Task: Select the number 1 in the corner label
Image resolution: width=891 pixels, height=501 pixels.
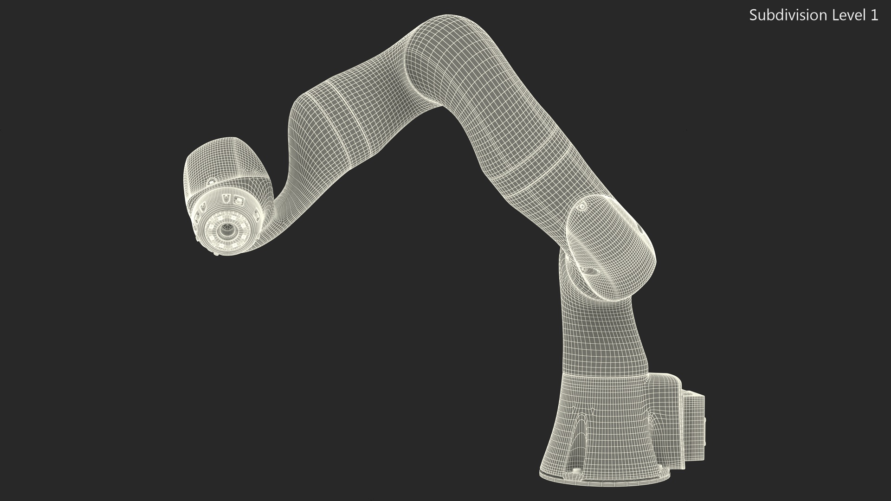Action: coord(874,15)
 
